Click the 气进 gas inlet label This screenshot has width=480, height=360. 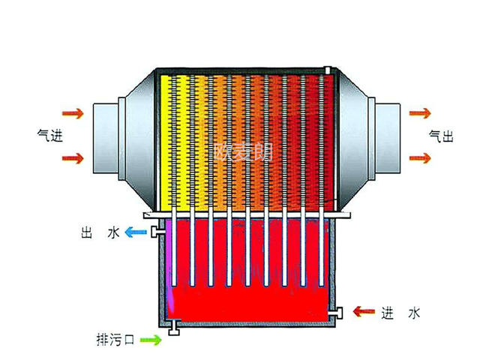[50, 136]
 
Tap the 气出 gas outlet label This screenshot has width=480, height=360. [441, 136]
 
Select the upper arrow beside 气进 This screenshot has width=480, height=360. [73, 113]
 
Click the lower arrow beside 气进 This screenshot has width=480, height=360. [73, 158]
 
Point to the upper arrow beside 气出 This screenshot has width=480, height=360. [420, 113]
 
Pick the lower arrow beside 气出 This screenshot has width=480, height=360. [420, 158]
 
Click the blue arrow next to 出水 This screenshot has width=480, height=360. [136, 232]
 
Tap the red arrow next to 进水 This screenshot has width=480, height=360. [364, 312]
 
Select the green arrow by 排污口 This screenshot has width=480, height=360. [151, 340]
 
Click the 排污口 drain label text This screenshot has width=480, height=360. [115, 340]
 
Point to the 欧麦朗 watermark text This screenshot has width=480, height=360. [243, 152]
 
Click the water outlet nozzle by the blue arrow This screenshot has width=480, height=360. [154, 232]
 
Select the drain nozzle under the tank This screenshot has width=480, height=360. [174, 328]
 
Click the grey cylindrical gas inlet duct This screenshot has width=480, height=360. [106, 138]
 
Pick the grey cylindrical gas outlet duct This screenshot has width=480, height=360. [388, 138]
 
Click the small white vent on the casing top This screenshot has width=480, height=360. [328, 70]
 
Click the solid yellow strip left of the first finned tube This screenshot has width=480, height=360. [165, 143]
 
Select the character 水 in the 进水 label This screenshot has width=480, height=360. [414, 313]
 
